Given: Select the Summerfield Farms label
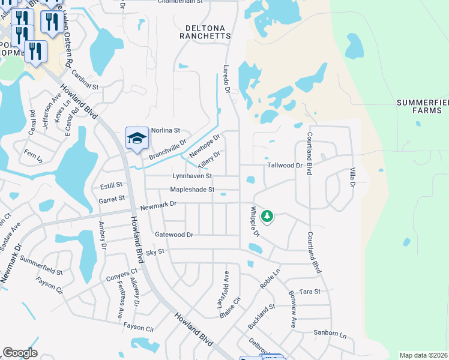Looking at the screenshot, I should (423, 106).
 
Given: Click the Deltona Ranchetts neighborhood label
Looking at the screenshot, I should (205, 32).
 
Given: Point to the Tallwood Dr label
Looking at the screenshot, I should (285, 165).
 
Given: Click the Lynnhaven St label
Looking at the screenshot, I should (192, 176).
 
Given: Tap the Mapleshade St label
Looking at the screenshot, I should (192, 190).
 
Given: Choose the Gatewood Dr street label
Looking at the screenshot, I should (174, 235).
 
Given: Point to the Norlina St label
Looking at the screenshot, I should (166, 130).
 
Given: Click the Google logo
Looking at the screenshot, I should (20, 353).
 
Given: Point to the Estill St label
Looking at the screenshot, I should (110, 185).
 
